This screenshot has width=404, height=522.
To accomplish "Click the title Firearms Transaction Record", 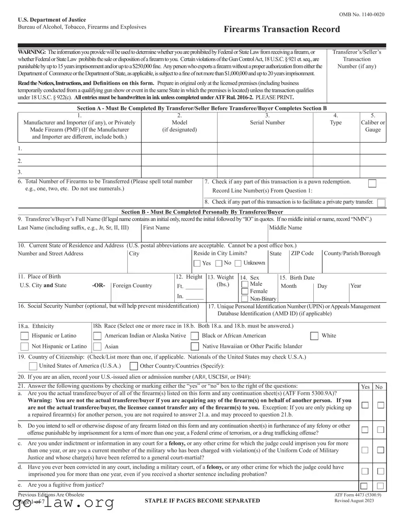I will coord(282,29).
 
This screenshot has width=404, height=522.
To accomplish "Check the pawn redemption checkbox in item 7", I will coord(372,183).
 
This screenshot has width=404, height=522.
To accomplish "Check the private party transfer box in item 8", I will coord(381,202).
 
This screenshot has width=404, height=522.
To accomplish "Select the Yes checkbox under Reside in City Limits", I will coord(198,263).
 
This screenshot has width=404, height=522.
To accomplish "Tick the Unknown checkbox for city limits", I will coord(238,263).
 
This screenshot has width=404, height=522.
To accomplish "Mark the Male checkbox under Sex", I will coord(245,284).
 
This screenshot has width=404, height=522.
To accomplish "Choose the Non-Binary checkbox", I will coord(245,299).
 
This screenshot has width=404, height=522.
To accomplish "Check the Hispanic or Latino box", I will coord(24,336).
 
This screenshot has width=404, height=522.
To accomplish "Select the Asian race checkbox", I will coord(97,346).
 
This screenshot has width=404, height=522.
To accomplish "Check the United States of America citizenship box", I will coord(33,365).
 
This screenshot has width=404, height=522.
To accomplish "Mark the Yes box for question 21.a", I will coord(365,405).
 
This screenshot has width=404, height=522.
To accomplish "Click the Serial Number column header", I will coord(267,123).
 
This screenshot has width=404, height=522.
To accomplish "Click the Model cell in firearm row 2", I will coord(179,161).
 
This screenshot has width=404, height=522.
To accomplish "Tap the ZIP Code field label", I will coord(302,253).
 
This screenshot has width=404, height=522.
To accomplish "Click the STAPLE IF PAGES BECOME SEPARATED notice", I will coord(202,500).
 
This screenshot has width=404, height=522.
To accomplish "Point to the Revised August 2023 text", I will coord(354,500).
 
